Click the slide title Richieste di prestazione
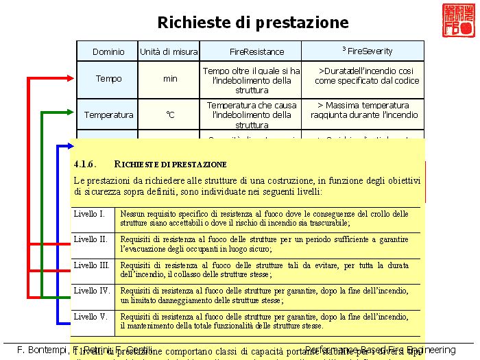point(253,22)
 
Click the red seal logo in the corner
point(457,21)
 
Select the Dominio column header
point(108,51)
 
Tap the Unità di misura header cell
point(169,51)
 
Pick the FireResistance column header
point(252,51)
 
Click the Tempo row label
point(108,79)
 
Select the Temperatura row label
point(108,115)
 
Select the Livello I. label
point(89,214)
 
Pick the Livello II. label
point(91,239)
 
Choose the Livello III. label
point(91,265)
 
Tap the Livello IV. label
point(91,291)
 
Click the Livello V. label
point(91,317)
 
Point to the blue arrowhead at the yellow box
point(69,145)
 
